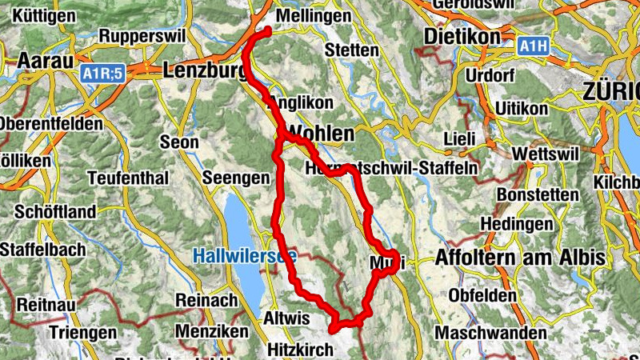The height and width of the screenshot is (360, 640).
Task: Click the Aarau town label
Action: (45, 60)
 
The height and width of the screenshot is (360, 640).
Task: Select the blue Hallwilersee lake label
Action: (244, 257)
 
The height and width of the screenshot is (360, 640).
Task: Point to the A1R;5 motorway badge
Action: (102, 74)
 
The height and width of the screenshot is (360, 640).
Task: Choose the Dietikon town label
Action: (462, 37)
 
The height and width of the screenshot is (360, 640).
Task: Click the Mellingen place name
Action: (313, 16)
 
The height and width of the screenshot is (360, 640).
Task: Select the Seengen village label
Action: (236, 178)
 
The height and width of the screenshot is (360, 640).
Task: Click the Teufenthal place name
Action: (129, 177)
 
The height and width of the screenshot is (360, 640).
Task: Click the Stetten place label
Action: (353, 50)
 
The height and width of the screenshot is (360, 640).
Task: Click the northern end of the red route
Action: (267, 30)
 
